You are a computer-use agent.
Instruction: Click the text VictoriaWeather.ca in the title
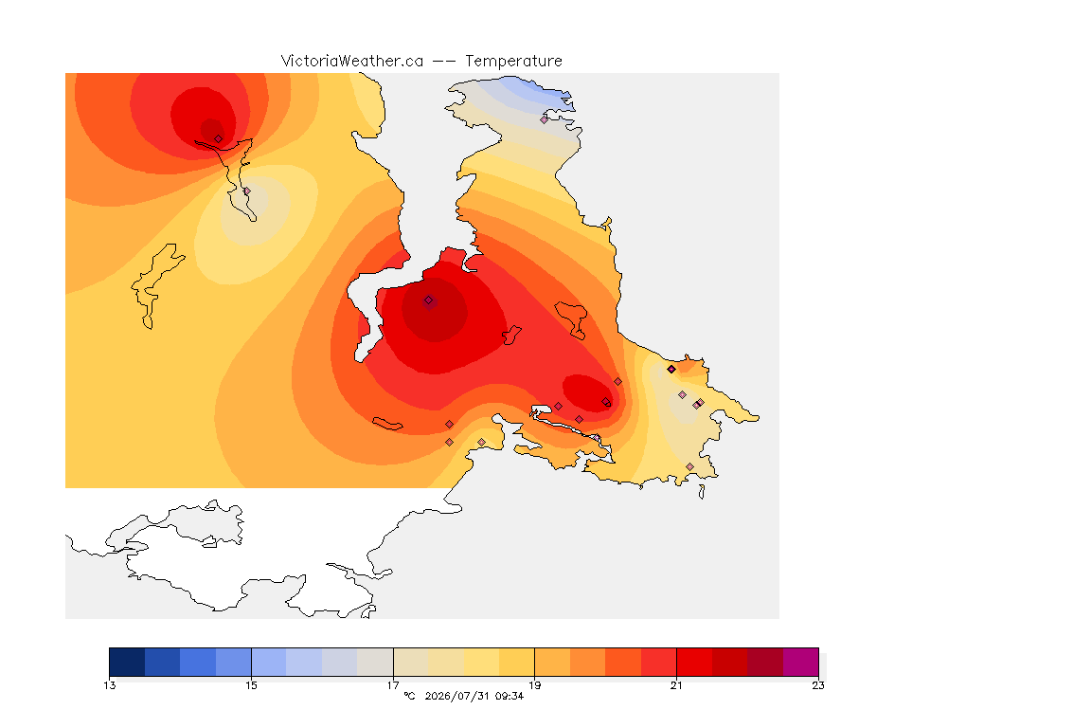click(x=352, y=62)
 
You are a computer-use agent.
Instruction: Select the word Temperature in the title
click(x=513, y=62)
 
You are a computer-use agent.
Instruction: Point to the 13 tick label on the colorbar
click(x=109, y=685)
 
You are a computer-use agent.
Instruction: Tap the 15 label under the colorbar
click(x=251, y=685)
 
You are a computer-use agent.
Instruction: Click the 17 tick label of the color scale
click(x=393, y=685)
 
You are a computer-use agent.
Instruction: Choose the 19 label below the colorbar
click(x=534, y=685)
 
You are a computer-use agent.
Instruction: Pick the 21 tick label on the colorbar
click(x=676, y=685)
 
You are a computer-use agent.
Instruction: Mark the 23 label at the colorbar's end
click(x=818, y=685)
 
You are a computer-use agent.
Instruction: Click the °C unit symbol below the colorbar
click(x=410, y=696)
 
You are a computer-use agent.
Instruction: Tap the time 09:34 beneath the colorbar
click(x=510, y=696)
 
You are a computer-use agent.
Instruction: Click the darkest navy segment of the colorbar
click(x=127, y=662)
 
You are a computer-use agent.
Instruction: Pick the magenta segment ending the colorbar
click(x=801, y=662)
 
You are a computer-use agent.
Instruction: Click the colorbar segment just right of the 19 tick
click(x=552, y=662)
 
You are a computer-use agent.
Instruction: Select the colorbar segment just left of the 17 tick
click(x=375, y=662)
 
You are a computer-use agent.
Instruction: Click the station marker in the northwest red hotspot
click(x=219, y=138)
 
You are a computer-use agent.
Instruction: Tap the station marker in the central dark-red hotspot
click(x=429, y=300)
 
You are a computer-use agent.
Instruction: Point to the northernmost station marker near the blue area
click(x=545, y=119)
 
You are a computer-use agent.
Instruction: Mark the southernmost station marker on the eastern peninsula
click(x=689, y=466)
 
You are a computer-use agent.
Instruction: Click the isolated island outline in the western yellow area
click(x=156, y=285)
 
